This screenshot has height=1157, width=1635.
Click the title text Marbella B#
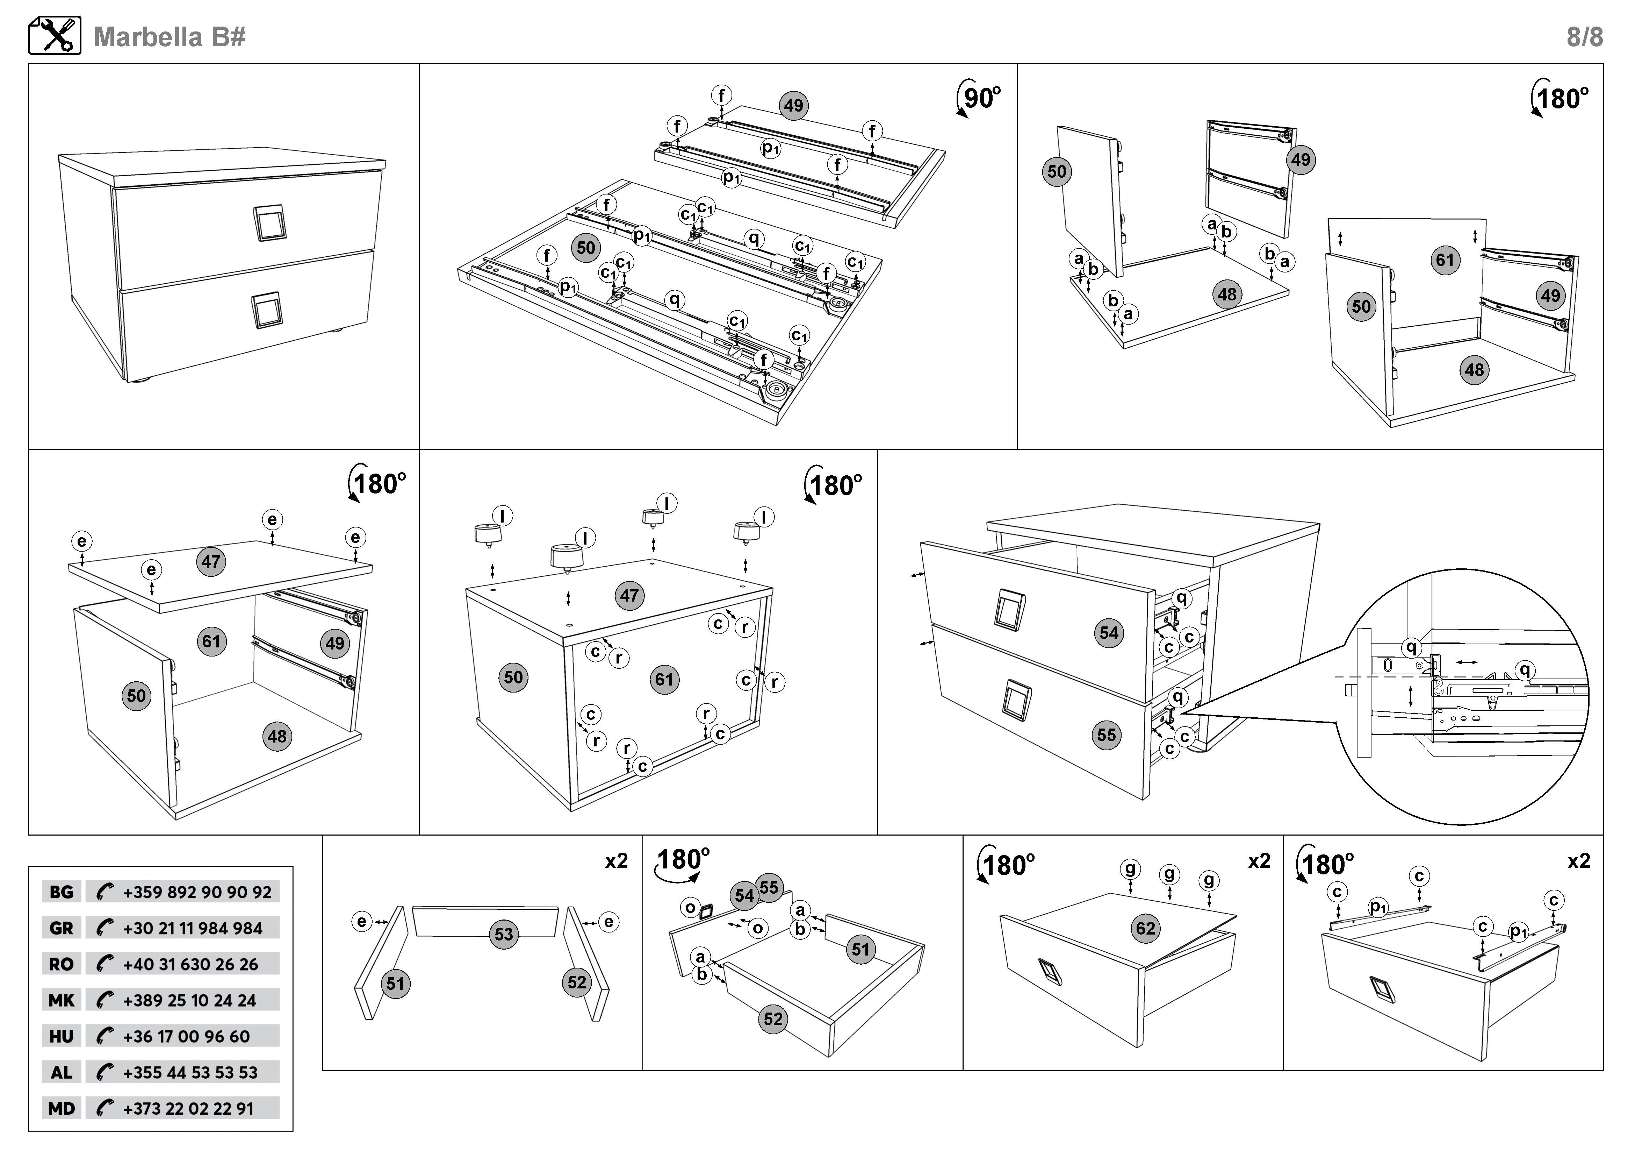[170, 36]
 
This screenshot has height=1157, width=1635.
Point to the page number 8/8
[1584, 36]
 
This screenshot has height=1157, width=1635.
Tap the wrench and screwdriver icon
[55, 36]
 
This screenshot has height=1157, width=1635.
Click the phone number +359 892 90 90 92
[196, 892]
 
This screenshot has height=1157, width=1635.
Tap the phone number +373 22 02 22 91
[188, 1108]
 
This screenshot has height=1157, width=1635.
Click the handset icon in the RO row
[105, 964]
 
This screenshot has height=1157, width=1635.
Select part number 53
[503, 934]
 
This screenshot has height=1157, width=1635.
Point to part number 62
[1145, 928]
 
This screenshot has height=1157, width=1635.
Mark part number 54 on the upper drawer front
[1109, 633]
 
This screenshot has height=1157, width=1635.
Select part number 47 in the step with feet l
[629, 596]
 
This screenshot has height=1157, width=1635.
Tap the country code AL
[61, 1072]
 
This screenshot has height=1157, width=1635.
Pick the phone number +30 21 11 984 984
[192, 928]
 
